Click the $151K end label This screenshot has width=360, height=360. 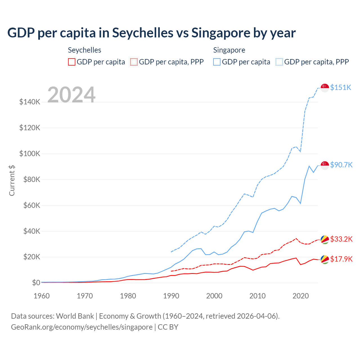[x=341, y=87]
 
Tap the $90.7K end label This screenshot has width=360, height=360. [x=341, y=165]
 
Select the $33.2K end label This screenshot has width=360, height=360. [x=341, y=239]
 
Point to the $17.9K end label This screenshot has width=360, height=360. [x=341, y=259]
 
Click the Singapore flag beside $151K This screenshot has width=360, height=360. [x=325, y=88]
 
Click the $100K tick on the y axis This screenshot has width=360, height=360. [x=30, y=154]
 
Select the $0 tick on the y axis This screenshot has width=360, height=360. [x=36, y=283]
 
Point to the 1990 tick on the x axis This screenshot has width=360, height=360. [x=171, y=296]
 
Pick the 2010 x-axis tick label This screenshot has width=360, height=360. [x=257, y=296]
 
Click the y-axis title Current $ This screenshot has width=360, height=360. [x=12, y=180]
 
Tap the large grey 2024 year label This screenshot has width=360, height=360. [x=71, y=95]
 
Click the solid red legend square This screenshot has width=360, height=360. [x=72, y=62]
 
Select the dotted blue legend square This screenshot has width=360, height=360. [x=279, y=62]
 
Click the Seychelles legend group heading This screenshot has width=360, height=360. [x=84, y=50]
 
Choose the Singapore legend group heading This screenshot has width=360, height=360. [x=229, y=50]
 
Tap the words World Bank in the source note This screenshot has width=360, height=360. [x=75, y=316]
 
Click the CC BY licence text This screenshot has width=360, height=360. [x=168, y=327]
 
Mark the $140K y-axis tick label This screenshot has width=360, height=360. [x=30, y=102]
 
